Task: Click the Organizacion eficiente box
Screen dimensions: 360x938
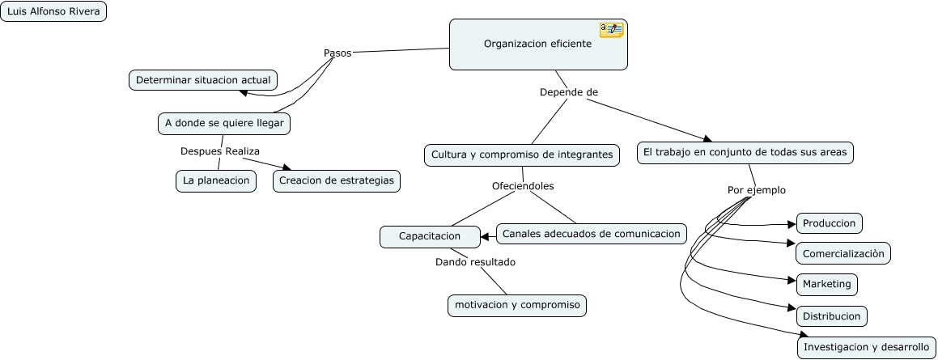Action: [x=537, y=44]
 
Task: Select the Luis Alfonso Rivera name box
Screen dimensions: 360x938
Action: [x=53, y=11]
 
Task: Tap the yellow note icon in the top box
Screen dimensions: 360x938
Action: [x=611, y=30]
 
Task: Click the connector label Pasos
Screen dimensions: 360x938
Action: [x=337, y=53]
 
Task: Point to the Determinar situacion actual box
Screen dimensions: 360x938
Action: [x=203, y=80]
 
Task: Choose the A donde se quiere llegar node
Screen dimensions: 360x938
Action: [x=224, y=123]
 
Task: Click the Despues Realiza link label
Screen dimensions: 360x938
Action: [x=219, y=151]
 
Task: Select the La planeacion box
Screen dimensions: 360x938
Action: [x=216, y=180]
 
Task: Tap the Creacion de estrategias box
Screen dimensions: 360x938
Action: [x=337, y=180]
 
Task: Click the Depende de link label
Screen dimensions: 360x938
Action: [x=568, y=92]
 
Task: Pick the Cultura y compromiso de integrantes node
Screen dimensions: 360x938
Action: [x=522, y=155]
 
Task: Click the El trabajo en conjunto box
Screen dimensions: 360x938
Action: [x=745, y=153]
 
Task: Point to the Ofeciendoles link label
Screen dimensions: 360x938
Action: [x=523, y=186]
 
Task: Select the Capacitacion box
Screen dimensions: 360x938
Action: [x=429, y=236]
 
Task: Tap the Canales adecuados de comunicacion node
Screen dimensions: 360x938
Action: [x=591, y=234]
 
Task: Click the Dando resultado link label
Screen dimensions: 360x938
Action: [x=475, y=262]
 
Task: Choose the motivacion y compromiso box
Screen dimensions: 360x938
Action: [x=517, y=305]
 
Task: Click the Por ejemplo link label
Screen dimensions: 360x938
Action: [x=756, y=190]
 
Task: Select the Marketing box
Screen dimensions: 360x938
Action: [x=826, y=284]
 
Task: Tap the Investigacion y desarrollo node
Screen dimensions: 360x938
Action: [x=866, y=347]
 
